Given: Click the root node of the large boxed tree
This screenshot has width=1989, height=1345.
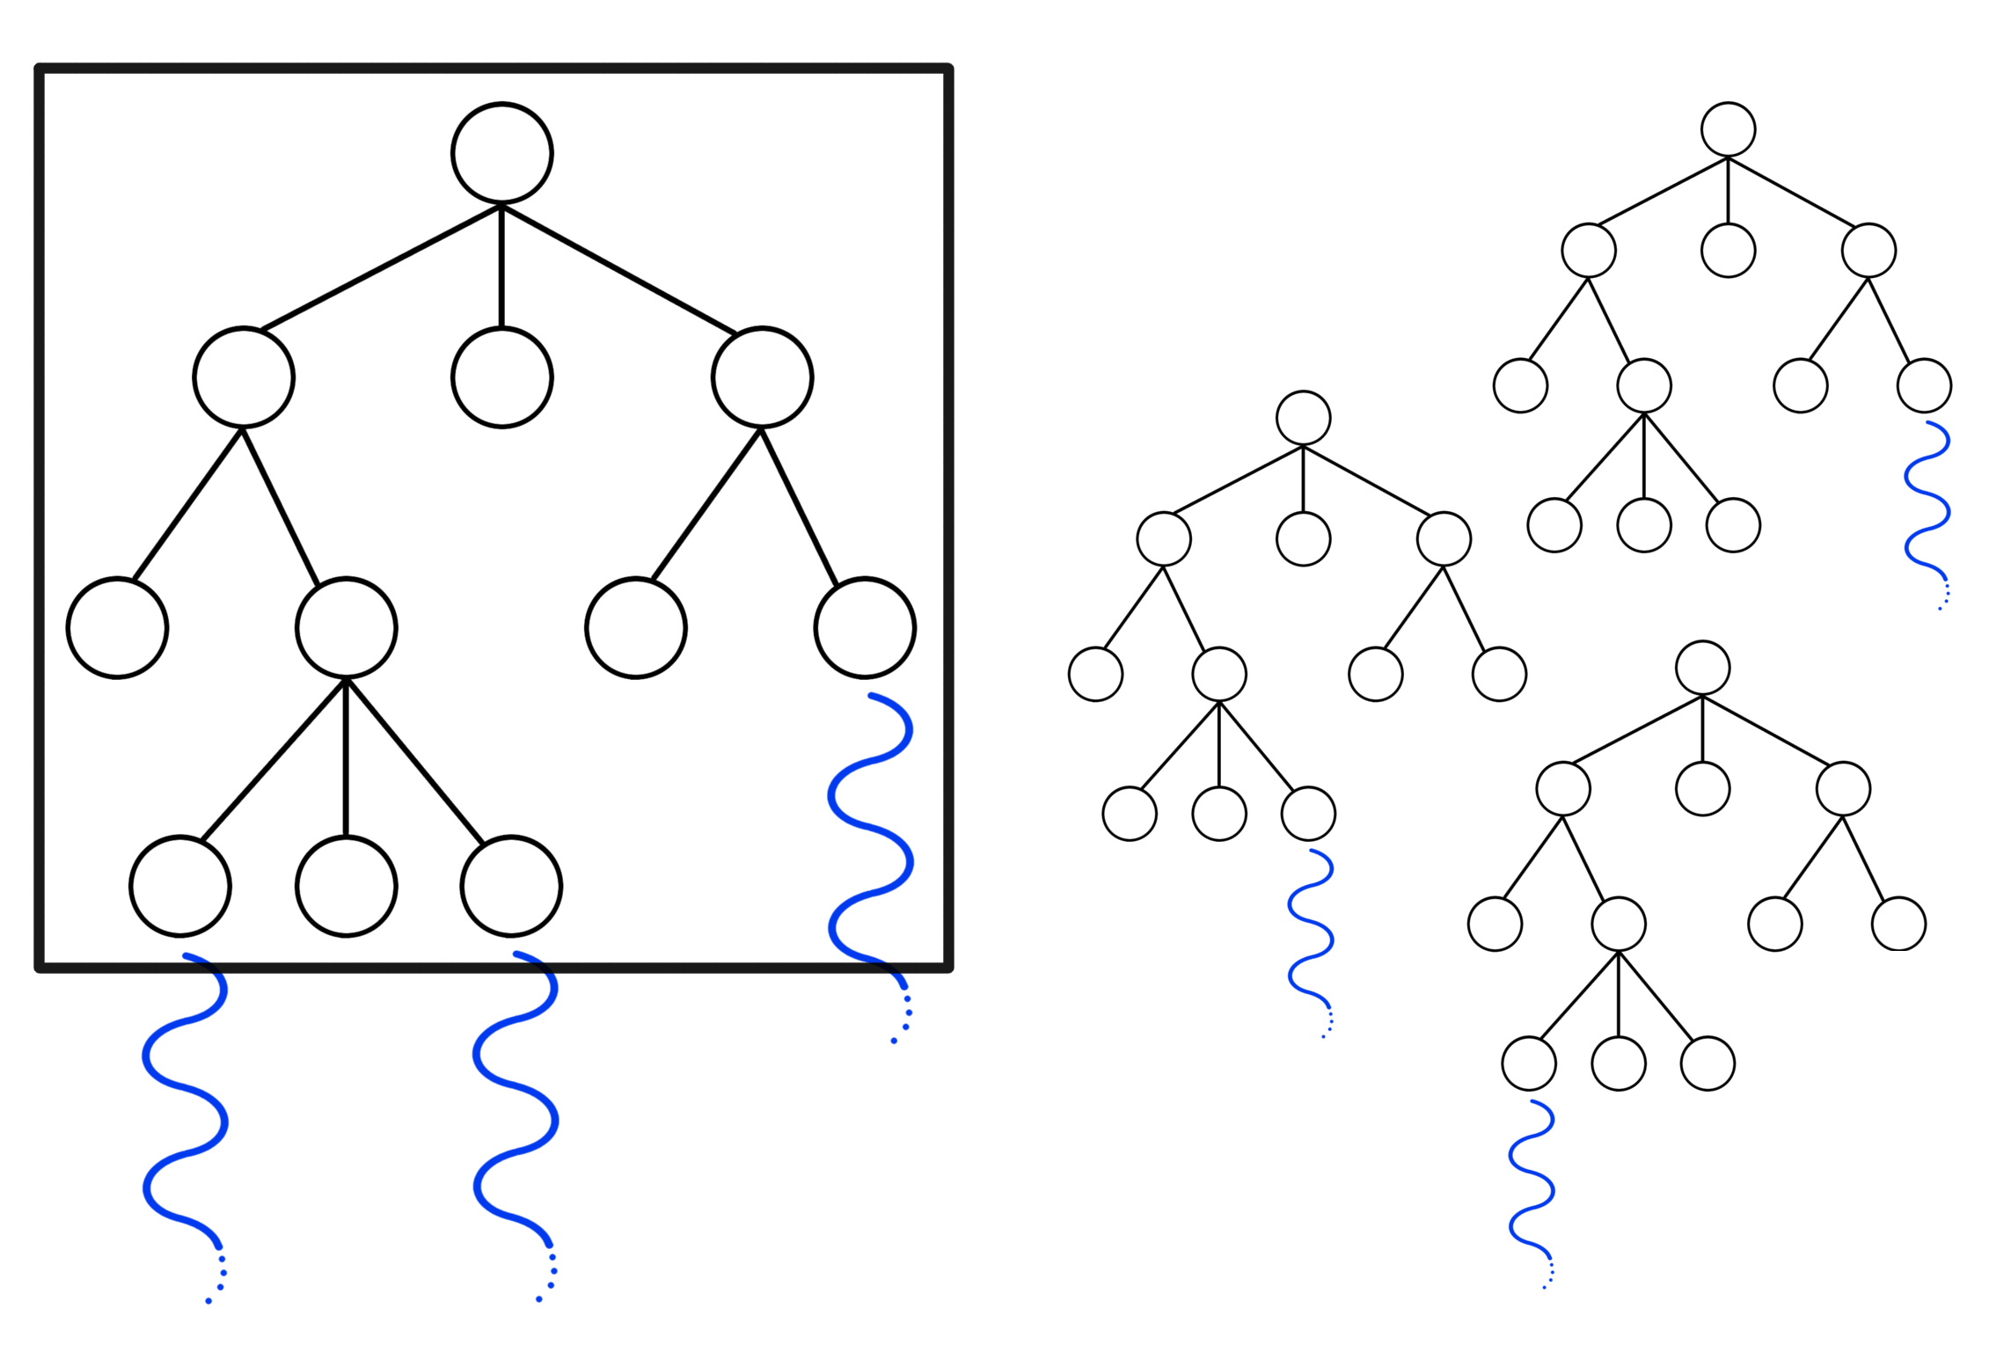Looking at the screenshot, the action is click(x=501, y=153).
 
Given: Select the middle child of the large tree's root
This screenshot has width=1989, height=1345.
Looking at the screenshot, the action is click(x=501, y=377).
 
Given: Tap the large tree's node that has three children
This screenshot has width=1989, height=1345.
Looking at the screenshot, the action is click(x=346, y=628).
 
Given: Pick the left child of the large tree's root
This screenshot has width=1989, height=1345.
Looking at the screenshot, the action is click(x=243, y=377).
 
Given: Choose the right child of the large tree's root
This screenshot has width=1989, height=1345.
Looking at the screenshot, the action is click(x=762, y=377).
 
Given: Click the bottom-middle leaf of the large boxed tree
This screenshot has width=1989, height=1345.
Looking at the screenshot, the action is click(x=346, y=886).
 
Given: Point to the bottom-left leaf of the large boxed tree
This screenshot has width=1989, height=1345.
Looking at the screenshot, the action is click(x=180, y=886).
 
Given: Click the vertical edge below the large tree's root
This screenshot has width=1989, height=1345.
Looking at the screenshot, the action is click(x=501, y=266).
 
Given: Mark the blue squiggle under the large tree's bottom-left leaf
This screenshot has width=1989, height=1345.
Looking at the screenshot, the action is click(x=185, y=1122).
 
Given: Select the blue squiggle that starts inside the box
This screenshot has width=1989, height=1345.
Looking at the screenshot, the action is click(x=871, y=827).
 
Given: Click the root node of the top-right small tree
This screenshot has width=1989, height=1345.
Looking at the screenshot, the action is click(x=1728, y=129).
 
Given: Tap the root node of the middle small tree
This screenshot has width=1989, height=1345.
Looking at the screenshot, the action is click(x=1303, y=418).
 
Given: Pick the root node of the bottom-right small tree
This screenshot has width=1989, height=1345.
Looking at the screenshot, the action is click(x=1702, y=668).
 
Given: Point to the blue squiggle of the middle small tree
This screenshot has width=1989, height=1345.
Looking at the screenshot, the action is click(x=1311, y=939).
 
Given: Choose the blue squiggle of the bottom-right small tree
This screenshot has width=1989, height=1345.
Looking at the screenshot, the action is click(x=1532, y=1190).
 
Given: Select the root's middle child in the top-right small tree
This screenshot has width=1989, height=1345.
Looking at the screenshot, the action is click(x=1728, y=250).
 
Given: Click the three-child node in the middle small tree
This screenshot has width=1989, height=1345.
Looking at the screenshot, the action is click(x=1218, y=674).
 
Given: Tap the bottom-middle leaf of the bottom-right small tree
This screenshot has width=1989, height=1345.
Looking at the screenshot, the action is click(x=1618, y=1064).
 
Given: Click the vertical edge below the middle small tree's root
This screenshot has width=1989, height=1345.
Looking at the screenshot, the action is click(x=1303, y=479).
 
